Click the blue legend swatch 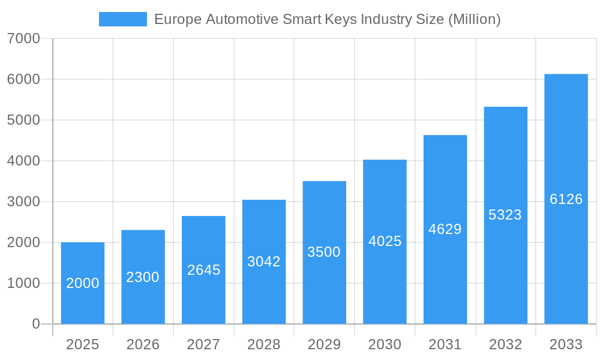coord(122,19)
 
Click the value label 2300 coord(143,277)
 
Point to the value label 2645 coord(203,270)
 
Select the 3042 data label coord(264,262)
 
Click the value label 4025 coord(385,241)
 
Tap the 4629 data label coord(445,229)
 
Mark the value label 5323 coord(505,215)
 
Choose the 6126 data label coord(566,199)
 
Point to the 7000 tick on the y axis coord(23,39)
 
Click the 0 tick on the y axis coord(35,324)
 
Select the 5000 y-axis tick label coord(23,120)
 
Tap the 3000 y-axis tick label coord(23,202)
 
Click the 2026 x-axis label coord(143,344)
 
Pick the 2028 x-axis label coord(264,344)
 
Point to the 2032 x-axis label coord(505,344)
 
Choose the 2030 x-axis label coord(385,344)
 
